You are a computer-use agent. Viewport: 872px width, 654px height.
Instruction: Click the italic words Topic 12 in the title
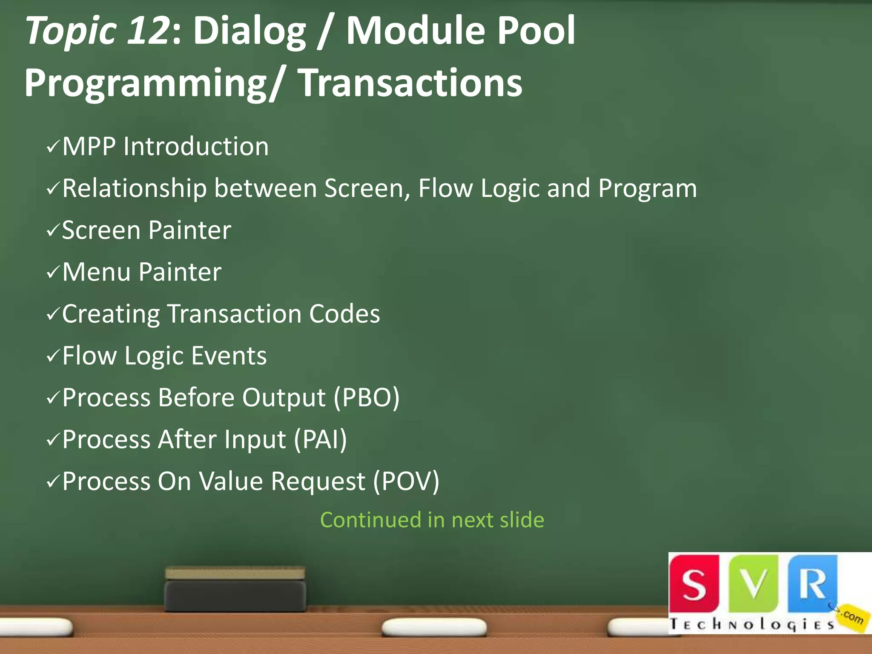[x=97, y=31]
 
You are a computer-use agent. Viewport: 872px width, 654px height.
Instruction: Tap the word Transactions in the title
[x=410, y=83]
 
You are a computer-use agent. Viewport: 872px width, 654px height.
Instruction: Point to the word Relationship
[x=134, y=188]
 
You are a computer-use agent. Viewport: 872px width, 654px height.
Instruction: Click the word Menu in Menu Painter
[x=96, y=272]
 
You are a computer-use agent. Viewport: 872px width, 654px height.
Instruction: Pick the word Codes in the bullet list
[x=344, y=314]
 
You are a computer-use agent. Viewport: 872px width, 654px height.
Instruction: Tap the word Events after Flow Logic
[x=229, y=356]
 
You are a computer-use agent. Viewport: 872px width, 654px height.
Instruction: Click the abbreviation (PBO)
[x=367, y=398]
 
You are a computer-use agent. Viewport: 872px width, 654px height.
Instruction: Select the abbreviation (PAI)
[x=320, y=439]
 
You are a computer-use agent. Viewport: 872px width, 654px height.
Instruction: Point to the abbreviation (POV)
[x=406, y=481]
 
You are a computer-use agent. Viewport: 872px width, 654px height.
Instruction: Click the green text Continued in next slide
[x=432, y=520]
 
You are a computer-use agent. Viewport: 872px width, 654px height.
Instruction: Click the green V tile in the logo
[x=754, y=583]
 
